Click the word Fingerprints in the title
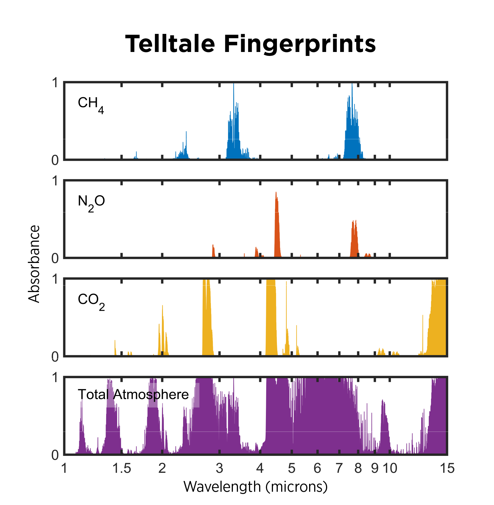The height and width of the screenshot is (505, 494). point(300,45)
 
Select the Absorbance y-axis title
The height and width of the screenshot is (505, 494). point(34,264)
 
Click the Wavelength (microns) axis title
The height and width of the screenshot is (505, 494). point(255,486)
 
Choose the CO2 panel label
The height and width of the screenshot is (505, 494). point(91,301)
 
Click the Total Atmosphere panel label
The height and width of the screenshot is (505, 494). point(133,394)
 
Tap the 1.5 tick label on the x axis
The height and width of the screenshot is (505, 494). point(122,468)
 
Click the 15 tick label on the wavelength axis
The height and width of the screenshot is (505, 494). point(447,468)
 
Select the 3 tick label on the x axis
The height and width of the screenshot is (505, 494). point(219,468)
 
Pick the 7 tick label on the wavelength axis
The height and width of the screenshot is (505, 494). point(339,468)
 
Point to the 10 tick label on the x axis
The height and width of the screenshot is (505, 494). point(390,468)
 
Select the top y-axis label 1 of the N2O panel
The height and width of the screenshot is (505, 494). point(55,181)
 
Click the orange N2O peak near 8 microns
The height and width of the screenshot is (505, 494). point(354,237)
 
